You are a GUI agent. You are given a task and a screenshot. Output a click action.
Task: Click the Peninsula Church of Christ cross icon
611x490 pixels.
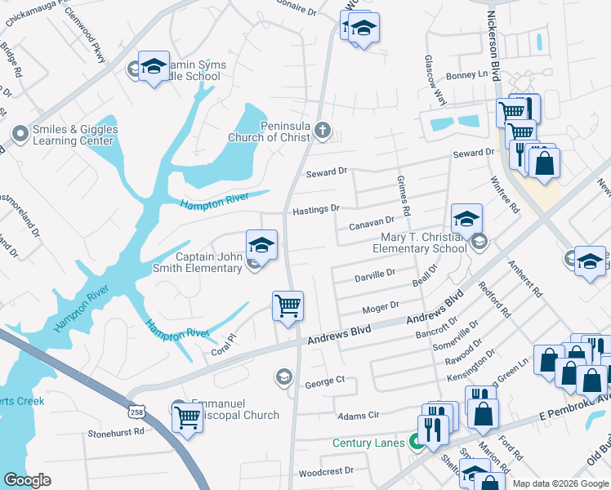323,129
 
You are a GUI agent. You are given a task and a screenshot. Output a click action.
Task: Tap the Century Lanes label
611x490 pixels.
368,443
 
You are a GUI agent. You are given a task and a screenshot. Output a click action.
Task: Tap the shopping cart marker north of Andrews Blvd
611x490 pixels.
288,306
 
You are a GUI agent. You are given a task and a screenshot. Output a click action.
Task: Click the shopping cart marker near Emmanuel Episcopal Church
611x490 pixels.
188,417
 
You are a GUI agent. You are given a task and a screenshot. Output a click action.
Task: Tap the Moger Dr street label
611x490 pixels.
380,307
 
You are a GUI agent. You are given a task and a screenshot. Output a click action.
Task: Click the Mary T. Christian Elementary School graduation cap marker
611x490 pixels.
466,219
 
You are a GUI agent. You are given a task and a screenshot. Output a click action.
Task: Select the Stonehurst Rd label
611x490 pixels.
115,431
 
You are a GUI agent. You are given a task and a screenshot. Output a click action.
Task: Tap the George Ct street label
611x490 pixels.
326,381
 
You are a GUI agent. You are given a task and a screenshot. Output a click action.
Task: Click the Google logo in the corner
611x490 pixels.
27,479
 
